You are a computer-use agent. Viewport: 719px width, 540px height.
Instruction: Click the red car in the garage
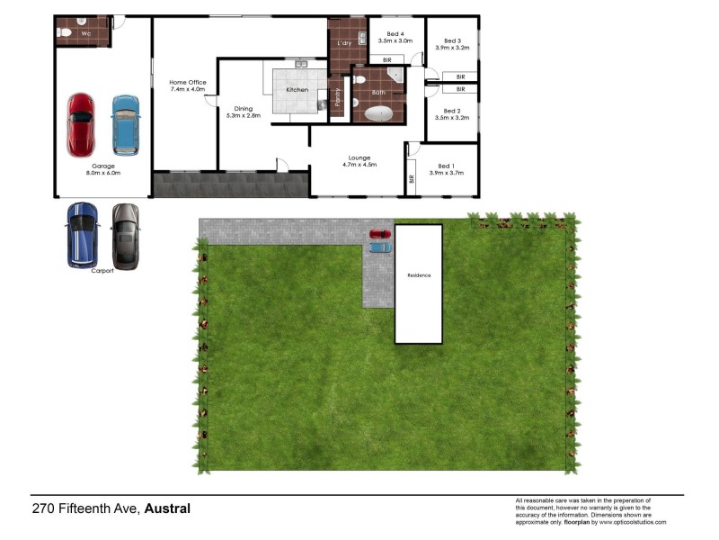[x=80, y=125]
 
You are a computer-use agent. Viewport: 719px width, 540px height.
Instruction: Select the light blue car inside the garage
[x=126, y=125]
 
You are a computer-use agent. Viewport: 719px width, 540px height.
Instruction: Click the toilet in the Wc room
[x=64, y=32]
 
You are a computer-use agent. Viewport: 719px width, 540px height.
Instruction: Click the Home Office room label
[x=187, y=86]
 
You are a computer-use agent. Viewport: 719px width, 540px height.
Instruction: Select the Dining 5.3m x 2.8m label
[x=244, y=112]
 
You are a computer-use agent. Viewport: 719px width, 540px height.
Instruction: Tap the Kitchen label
[x=297, y=90]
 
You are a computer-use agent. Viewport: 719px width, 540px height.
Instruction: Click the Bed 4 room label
[x=395, y=37]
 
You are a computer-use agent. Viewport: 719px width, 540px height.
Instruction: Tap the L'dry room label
[x=343, y=43]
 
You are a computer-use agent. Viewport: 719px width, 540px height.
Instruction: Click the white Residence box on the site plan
[x=419, y=283]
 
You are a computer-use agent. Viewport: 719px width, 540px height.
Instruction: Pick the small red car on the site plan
[x=380, y=235]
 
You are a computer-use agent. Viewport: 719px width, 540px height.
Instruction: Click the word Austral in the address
[x=167, y=508]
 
